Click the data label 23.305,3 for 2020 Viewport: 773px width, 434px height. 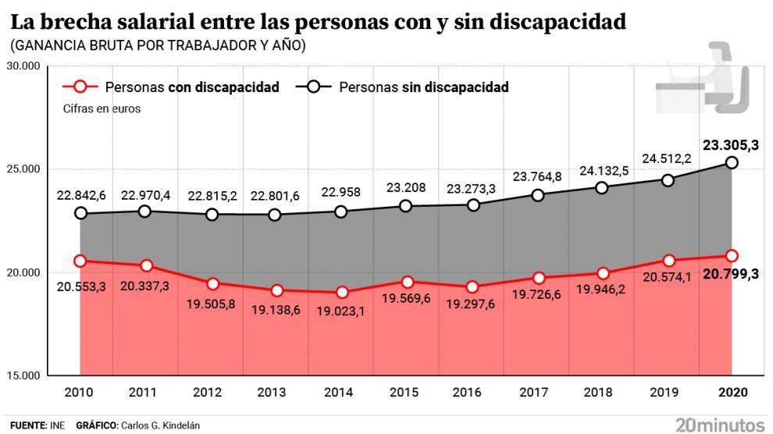(731, 144)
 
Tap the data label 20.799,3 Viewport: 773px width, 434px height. (731, 274)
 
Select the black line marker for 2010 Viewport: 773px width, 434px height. (80, 213)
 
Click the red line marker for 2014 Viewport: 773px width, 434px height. (340, 293)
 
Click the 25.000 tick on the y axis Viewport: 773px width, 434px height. (27, 169)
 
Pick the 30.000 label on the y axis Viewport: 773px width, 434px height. (27, 66)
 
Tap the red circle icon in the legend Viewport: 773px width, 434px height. (83, 87)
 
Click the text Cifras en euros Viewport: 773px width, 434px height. (102, 109)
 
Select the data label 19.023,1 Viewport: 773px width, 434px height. (340, 311)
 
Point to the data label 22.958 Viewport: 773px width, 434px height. (340, 192)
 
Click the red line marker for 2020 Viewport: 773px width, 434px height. (731, 255)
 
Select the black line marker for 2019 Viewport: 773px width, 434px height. (666, 180)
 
